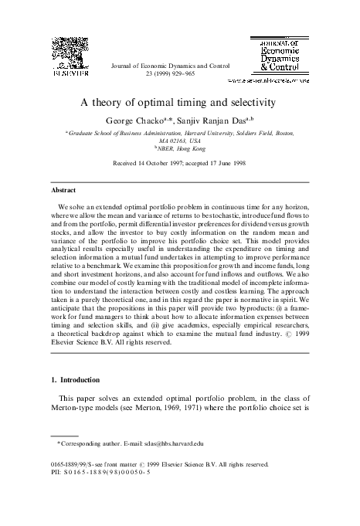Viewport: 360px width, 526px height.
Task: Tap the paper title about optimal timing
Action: point(180,102)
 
